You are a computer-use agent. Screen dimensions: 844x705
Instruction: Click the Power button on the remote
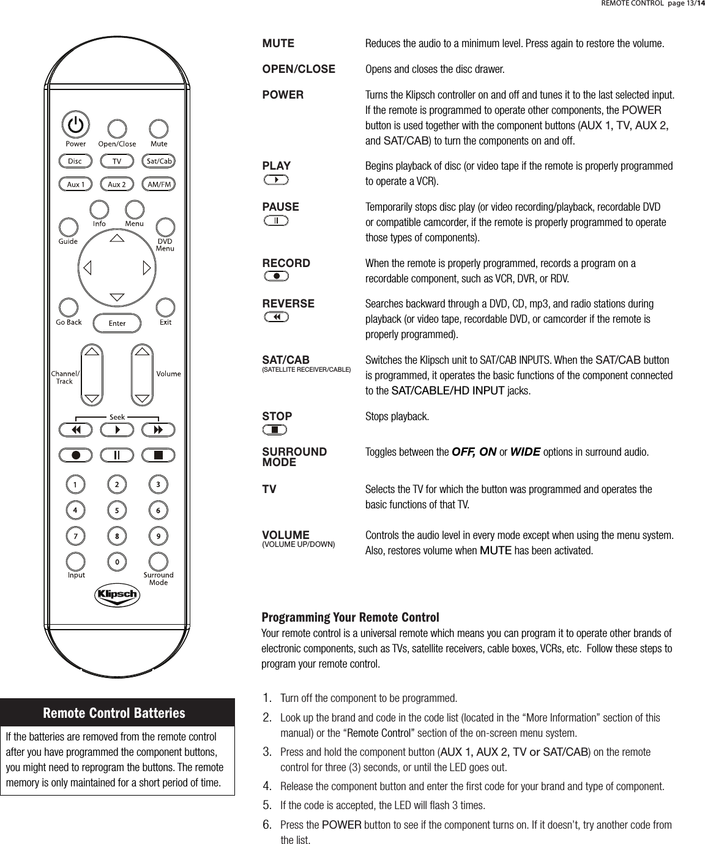click(x=75, y=125)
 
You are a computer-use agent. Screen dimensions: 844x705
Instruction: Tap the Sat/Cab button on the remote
click(x=159, y=161)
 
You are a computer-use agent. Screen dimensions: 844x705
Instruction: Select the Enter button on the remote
click(x=117, y=323)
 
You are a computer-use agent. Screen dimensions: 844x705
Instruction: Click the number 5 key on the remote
click(x=117, y=510)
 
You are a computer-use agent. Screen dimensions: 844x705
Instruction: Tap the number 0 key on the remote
click(x=117, y=560)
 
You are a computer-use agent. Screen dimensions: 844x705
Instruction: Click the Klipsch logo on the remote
click(x=116, y=595)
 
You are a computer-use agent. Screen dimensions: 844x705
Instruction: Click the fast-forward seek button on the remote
click(x=158, y=430)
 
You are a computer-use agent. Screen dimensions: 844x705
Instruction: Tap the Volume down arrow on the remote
click(x=142, y=398)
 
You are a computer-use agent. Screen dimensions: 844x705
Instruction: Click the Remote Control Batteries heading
click(x=114, y=713)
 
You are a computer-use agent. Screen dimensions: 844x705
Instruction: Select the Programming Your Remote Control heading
click(x=350, y=616)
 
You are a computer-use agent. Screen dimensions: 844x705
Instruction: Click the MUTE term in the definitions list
click(x=278, y=44)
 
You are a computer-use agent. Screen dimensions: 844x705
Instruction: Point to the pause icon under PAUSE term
click(x=277, y=220)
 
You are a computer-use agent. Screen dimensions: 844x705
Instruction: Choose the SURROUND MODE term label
click(x=294, y=457)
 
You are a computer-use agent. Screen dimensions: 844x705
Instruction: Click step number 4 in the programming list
click(x=267, y=785)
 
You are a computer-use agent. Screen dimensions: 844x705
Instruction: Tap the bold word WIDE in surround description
click(x=524, y=453)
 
